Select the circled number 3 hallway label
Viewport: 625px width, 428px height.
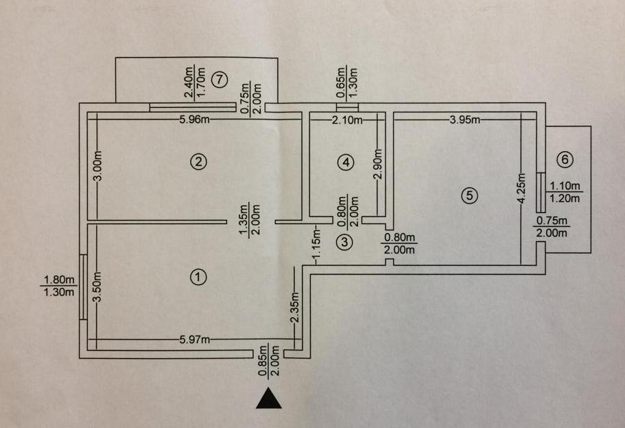coord(345,242)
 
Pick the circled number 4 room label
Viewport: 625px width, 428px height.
coord(346,162)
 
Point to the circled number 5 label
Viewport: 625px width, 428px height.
coord(469,196)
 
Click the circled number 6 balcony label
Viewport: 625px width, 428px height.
coord(565,159)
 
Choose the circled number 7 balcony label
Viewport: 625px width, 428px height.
coord(220,80)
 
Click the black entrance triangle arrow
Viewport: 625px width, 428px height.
coord(269,398)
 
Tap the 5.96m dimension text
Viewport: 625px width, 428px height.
coord(195,120)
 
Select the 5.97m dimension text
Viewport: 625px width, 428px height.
coord(195,340)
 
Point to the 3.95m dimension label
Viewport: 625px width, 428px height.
coord(465,120)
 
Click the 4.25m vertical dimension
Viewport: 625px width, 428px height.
coord(522,188)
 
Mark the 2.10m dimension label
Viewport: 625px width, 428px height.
coord(347,120)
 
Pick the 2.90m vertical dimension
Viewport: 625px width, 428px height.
coord(378,164)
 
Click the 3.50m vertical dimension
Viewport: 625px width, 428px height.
coord(97,287)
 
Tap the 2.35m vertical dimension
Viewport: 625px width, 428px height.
coord(294,307)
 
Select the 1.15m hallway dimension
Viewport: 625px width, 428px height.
coord(316,243)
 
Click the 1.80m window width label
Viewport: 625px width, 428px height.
coord(58,280)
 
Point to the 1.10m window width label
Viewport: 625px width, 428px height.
coord(565,185)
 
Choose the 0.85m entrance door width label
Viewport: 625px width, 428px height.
coord(262,361)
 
